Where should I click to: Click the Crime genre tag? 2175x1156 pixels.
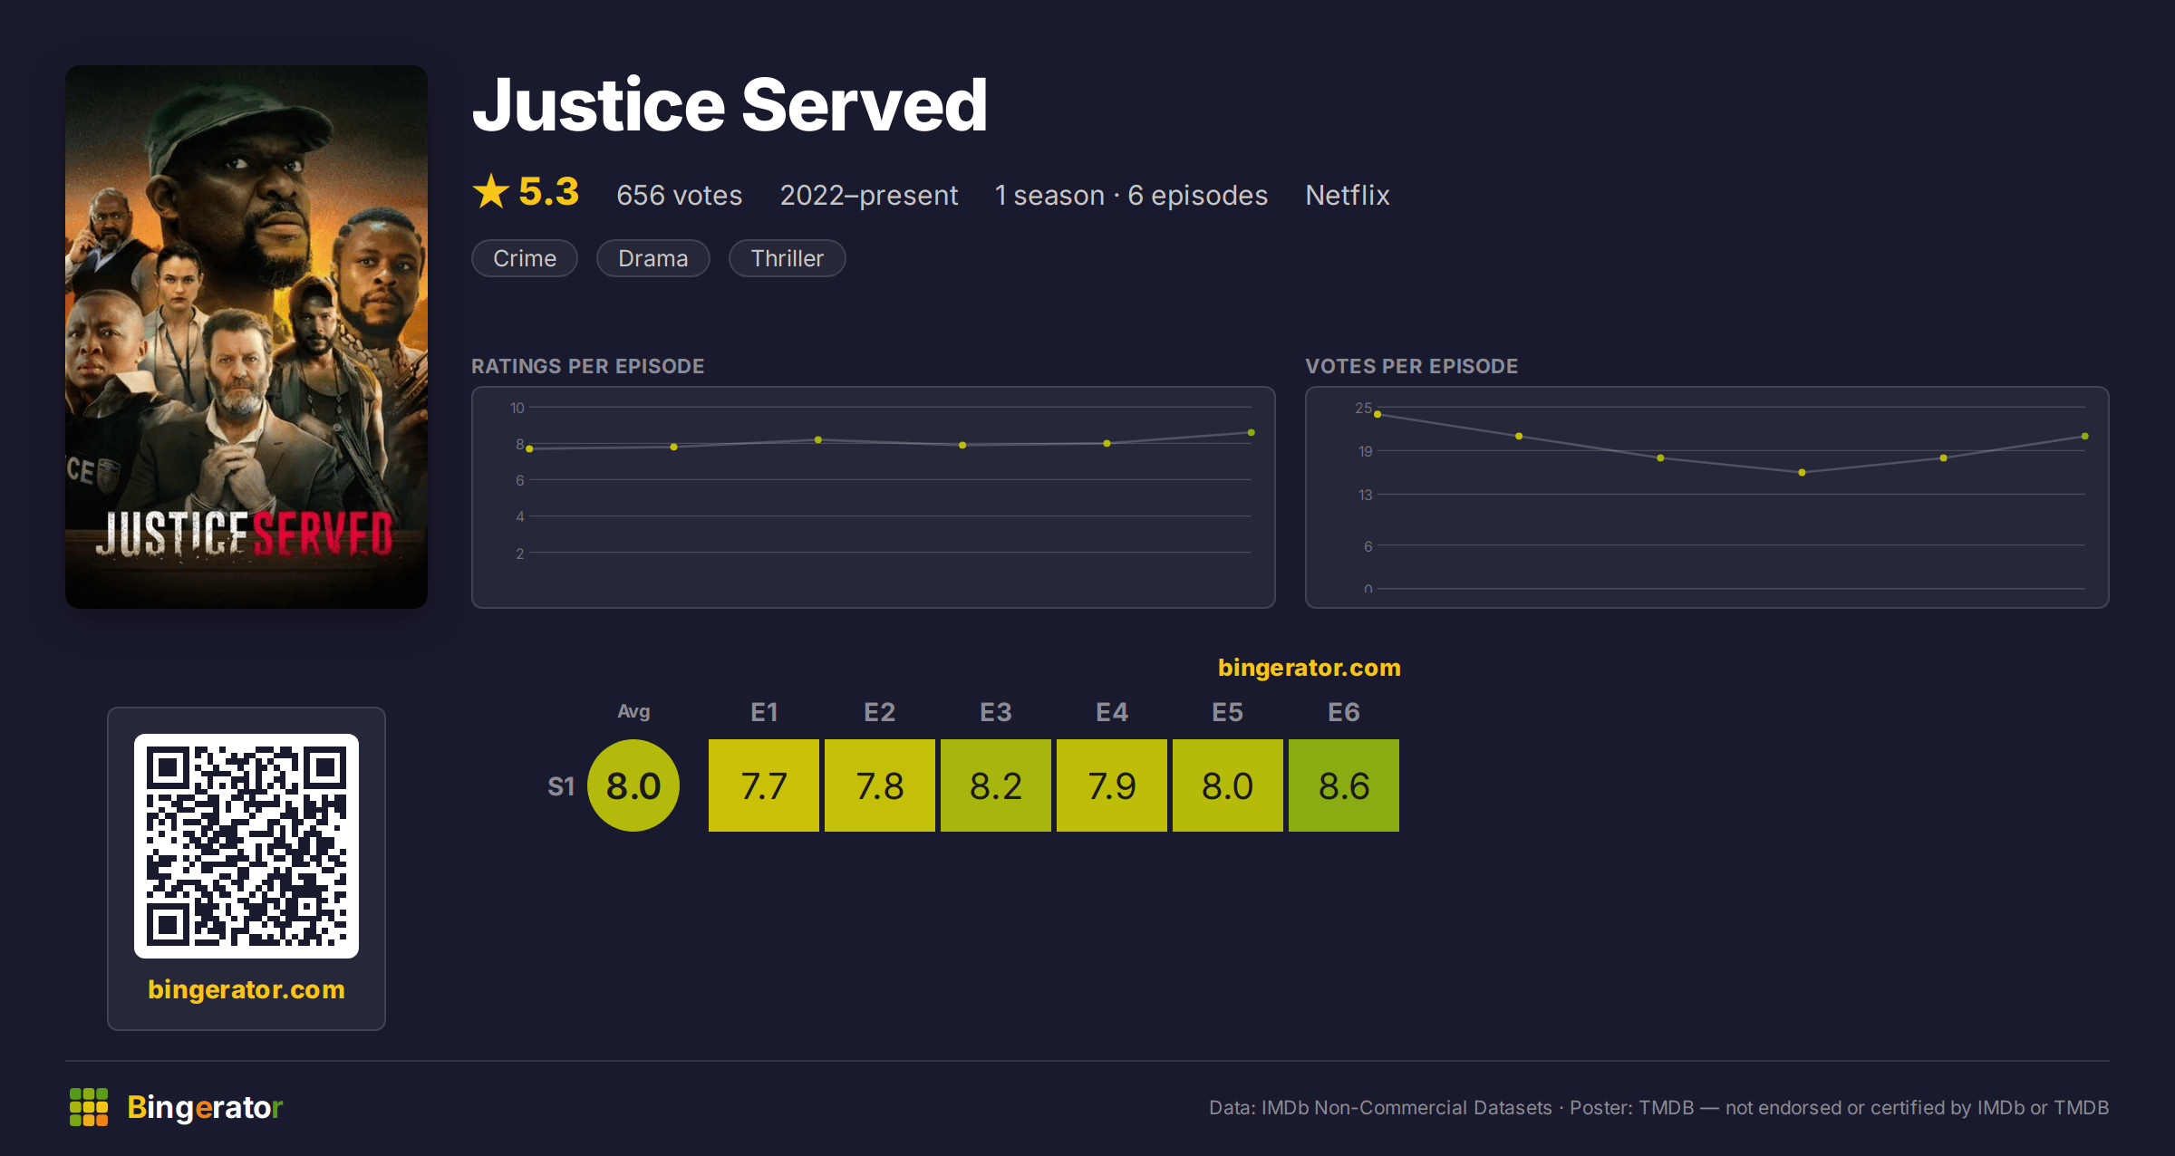pyautogui.click(x=525, y=258)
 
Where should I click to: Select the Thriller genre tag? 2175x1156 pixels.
pyautogui.click(x=787, y=258)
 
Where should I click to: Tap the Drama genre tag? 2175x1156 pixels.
pyautogui.click(x=652, y=258)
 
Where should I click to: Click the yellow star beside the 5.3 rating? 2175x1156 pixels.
pyautogui.click(x=491, y=191)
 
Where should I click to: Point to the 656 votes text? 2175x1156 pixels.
pyautogui.click(x=679, y=195)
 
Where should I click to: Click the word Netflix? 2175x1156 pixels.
pyautogui.click(x=1347, y=195)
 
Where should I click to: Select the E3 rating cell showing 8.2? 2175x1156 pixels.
pyautogui.click(x=996, y=785)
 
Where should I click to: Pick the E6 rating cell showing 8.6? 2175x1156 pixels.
pyautogui.click(x=1344, y=785)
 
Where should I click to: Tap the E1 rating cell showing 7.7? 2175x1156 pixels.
pyautogui.click(x=764, y=785)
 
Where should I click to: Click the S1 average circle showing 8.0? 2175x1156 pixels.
pyautogui.click(x=633, y=785)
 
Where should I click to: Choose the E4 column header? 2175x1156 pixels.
pyautogui.click(x=1112, y=712)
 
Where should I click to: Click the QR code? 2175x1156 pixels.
pyautogui.click(x=246, y=846)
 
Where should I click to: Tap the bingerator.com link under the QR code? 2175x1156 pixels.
pyautogui.click(x=246, y=989)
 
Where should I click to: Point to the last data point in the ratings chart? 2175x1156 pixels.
pyautogui.click(x=1252, y=432)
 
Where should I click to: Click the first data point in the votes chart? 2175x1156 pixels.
pyautogui.click(x=1377, y=414)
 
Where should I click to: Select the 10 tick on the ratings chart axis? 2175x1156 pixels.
pyautogui.click(x=517, y=408)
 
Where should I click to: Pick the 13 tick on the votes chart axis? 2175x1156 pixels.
pyautogui.click(x=1365, y=495)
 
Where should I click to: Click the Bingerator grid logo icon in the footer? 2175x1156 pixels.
pyautogui.click(x=89, y=1107)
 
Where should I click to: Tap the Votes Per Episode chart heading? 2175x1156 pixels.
pyautogui.click(x=1411, y=366)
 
